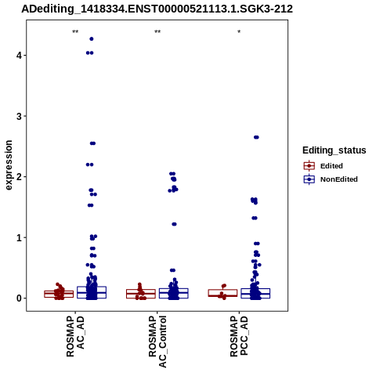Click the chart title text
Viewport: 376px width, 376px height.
click(x=157, y=9)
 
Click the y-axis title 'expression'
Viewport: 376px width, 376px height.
click(x=9, y=165)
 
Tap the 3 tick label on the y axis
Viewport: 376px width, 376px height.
click(x=19, y=116)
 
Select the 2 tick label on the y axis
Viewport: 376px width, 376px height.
click(x=19, y=177)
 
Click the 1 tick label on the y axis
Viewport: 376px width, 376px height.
click(x=19, y=237)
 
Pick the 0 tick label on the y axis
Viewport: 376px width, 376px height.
click(x=19, y=298)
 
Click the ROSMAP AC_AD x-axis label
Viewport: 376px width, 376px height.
click(x=75, y=336)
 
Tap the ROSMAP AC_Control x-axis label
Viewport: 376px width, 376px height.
click(x=157, y=342)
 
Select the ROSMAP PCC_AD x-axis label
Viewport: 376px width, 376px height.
click(x=239, y=336)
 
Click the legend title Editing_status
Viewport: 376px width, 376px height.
click(x=334, y=150)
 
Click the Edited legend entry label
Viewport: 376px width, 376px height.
click(x=331, y=166)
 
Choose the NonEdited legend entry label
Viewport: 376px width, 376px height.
click(x=339, y=179)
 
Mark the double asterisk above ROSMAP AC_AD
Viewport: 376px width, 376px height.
click(x=75, y=32)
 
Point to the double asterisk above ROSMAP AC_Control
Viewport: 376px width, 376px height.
click(x=157, y=32)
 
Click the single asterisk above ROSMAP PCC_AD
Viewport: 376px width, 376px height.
click(x=239, y=32)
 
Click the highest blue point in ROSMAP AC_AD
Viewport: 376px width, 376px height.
click(x=92, y=39)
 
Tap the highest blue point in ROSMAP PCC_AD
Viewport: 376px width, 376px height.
click(x=256, y=137)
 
